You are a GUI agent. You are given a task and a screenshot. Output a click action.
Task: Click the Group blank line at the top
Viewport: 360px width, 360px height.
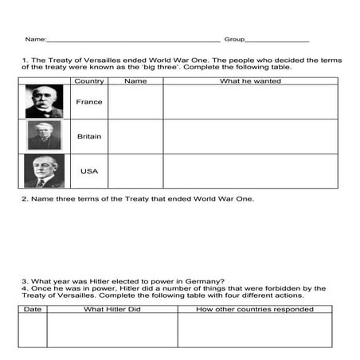tap(276, 40)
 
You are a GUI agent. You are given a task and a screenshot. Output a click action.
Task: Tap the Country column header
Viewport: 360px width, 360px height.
tap(88, 81)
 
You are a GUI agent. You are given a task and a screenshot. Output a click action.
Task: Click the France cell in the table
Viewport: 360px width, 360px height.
tap(88, 102)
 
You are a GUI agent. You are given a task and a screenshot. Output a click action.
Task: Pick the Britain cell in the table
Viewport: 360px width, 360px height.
tap(88, 136)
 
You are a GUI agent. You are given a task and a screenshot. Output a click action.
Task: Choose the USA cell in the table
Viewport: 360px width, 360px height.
tap(88, 171)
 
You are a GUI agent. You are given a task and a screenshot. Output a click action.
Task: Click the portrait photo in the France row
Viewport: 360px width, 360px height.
tap(44, 102)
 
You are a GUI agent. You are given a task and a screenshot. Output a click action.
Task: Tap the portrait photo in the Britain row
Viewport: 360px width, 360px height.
tap(44, 136)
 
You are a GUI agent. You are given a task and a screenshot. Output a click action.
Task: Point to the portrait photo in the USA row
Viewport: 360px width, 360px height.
tap(44, 171)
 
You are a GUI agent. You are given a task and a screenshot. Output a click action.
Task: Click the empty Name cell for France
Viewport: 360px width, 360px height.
tap(135, 102)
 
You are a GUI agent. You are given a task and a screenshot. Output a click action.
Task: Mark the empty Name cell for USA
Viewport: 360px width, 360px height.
tap(135, 171)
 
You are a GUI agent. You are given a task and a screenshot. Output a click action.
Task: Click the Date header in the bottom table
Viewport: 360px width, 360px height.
tap(33, 308)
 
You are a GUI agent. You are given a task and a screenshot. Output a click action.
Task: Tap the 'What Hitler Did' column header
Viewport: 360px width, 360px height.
tap(112, 308)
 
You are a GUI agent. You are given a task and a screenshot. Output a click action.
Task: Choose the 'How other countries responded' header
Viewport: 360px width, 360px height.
tap(249, 308)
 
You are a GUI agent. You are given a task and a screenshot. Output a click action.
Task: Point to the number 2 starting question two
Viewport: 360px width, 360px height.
tap(24, 198)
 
